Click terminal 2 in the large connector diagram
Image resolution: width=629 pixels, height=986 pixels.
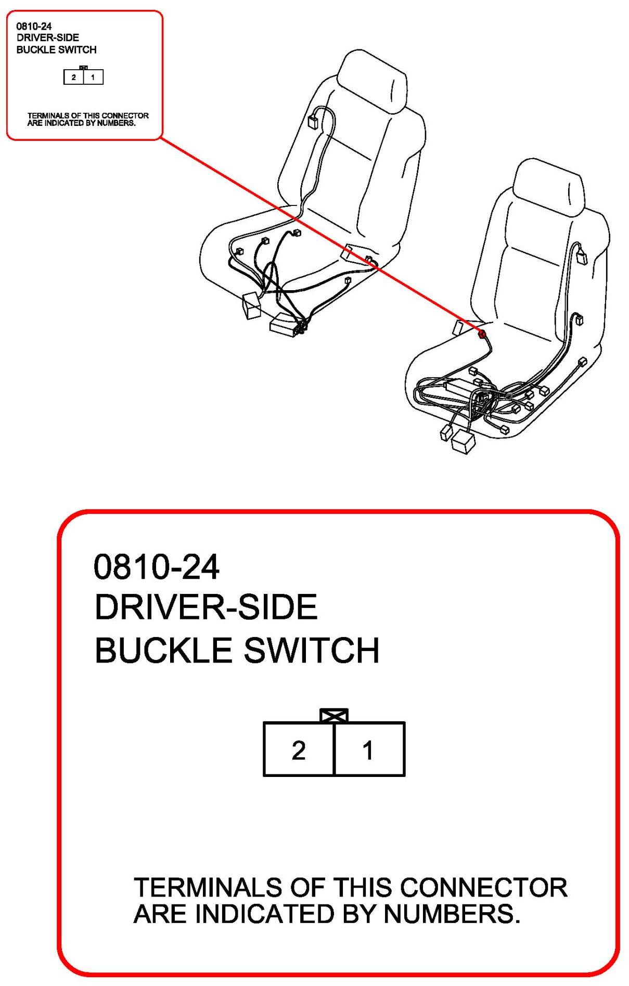coord(298,749)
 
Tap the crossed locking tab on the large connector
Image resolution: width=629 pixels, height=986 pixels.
coord(334,716)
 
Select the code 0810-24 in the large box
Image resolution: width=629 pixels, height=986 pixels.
coord(156,567)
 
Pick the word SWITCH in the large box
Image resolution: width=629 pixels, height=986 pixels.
coord(312,650)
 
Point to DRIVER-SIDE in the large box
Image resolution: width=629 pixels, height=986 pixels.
coord(206,607)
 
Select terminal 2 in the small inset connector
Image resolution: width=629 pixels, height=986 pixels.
coord(74,77)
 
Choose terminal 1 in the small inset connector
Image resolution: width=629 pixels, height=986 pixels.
coord(93,77)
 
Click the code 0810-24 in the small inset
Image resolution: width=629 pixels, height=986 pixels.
coord(34,26)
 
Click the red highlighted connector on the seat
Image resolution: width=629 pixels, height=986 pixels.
coord(482,333)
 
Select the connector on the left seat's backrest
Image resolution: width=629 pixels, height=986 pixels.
coord(313,122)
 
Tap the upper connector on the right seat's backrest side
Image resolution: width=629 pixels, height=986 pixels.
coord(580,256)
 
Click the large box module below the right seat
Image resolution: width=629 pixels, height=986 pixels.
coord(463,442)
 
